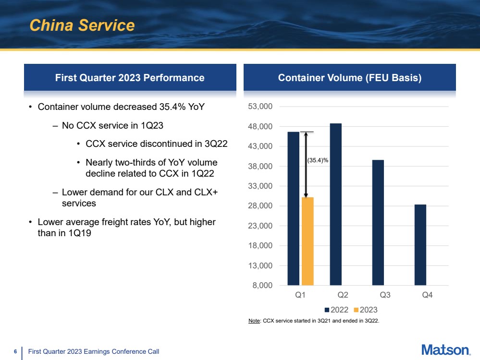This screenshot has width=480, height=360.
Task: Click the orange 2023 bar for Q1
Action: coord(308,241)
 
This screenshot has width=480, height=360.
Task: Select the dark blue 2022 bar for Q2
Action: coord(335,204)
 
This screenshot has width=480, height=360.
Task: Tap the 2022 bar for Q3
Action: coord(378,223)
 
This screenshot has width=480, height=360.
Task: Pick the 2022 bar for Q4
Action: coord(420,245)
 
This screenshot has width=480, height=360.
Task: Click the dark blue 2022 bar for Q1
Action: coord(293,209)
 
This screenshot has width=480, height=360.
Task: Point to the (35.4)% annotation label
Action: coord(318,160)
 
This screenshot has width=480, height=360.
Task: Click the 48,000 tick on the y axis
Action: coord(260,127)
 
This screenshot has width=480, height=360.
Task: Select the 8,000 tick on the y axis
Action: coord(262,286)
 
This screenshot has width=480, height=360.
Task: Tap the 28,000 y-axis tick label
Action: coord(260,206)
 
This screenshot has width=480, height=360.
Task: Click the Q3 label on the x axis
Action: coord(385,295)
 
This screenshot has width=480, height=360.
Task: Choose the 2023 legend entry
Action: coord(366,310)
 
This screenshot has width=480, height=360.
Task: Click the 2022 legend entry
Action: coord(336,310)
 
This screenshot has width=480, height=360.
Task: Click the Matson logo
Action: coord(446,350)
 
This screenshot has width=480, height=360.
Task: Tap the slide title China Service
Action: coord(82,25)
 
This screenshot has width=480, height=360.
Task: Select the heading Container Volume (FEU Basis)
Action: coord(350,78)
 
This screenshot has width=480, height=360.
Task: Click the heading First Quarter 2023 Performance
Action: coord(130,78)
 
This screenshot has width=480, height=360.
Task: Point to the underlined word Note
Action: coord(254,321)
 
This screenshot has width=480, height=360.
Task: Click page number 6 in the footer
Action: coord(15,351)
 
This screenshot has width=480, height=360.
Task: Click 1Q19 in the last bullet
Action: coord(80,233)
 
